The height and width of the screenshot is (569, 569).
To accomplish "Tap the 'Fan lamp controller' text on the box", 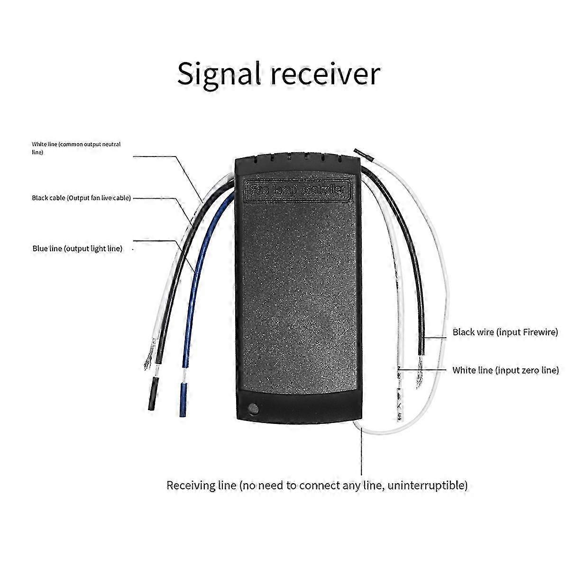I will (297, 190).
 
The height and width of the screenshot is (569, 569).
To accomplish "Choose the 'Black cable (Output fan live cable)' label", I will (81, 198).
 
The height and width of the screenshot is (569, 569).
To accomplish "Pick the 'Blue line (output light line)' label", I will (77, 248).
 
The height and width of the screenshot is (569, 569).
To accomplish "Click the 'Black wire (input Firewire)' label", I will (505, 332).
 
